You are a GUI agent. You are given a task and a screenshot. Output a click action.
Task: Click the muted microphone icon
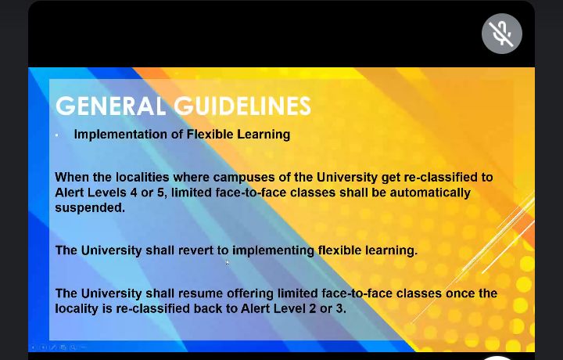(x=501, y=34)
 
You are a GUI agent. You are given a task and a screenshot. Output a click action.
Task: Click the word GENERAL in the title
(x=110, y=106)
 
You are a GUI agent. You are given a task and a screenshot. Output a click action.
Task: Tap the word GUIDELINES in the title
(x=242, y=106)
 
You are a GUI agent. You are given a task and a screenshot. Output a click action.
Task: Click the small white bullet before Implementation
(x=57, y=135)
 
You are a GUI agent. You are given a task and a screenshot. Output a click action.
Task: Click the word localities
(x=142, y=177)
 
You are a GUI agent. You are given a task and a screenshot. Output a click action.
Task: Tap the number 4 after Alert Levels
(x=134, y=193)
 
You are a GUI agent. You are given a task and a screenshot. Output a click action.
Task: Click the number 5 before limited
(x=160, y=193)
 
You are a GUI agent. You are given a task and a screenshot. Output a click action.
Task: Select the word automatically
(x=430, y=193)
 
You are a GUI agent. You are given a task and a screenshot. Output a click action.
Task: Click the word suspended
(x=90, y=208)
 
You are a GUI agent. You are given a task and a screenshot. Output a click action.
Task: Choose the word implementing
(x=273, y=250)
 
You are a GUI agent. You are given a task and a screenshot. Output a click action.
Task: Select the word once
(x=460, y=293)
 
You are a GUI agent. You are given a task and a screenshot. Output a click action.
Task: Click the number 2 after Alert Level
(x=312, y=308)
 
